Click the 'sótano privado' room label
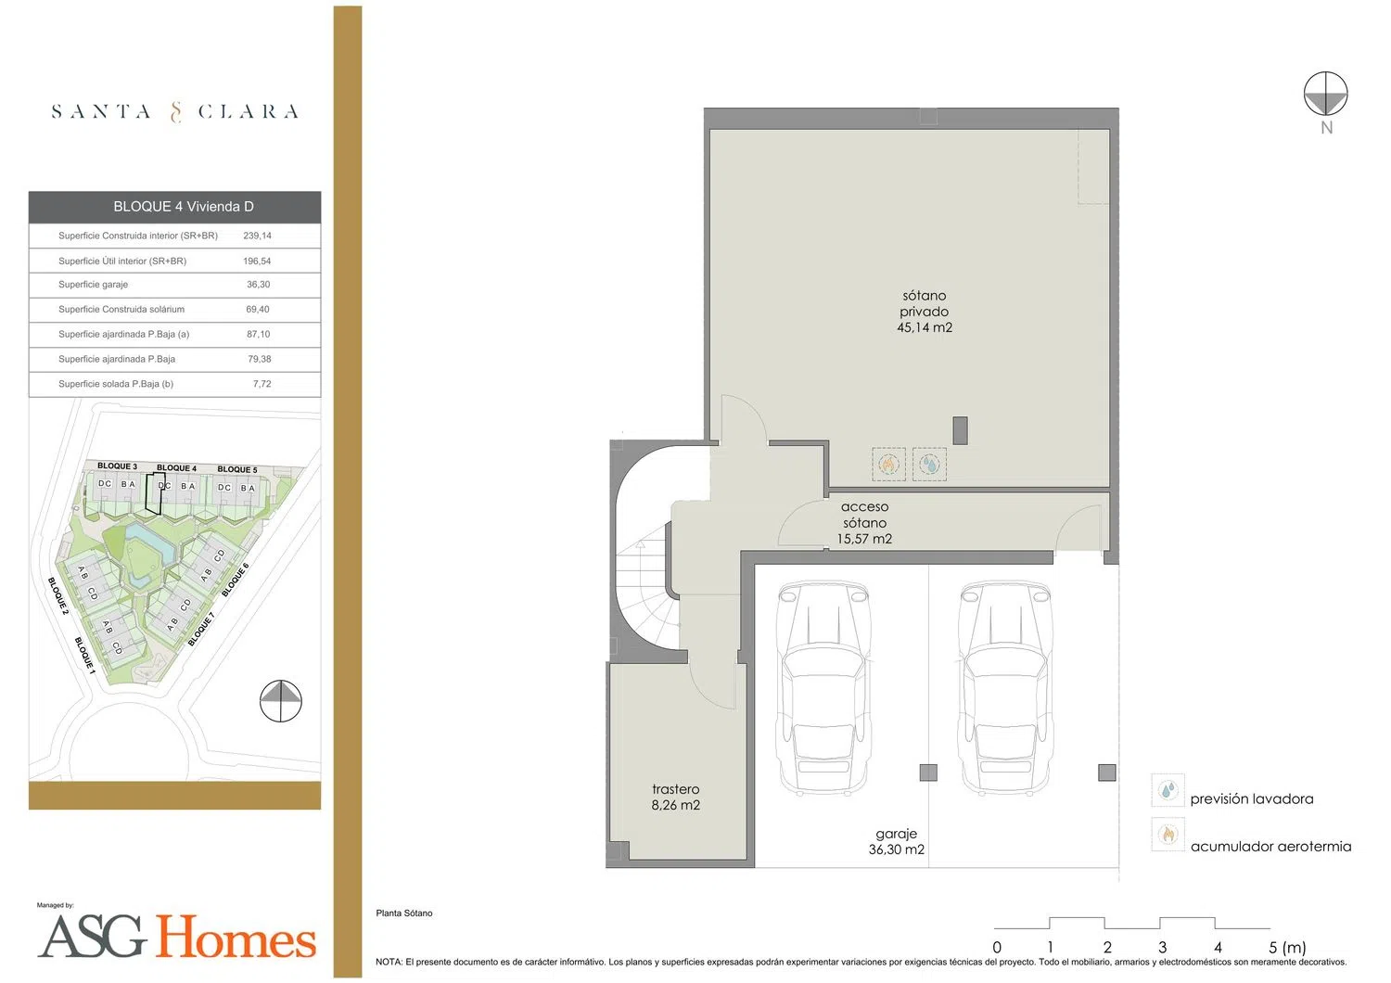click(x=924, y=303)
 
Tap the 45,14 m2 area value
click(x=925, y=328)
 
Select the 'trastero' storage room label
click(x=676, y=789)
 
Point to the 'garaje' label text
click(x=896, y=835)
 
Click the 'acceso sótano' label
click(x=864, y=515)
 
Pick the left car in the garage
click(x=823, y=687)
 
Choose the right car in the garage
click(x=1004, y=687)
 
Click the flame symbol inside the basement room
click(x=888, y=464)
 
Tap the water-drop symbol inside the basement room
click(x=929, y=464)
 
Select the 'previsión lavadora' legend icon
click(x=1168, y=790)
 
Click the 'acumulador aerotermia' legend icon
click(x=1168, y=834)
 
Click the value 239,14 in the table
click(x=257, y=236)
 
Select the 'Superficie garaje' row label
click(x=93, y=285)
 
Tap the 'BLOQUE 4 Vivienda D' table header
click(x=184, y=207)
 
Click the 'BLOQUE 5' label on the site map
click(x=237, y=469)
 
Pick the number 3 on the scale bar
click(x=1163, y=948)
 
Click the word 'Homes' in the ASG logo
click(x=236, y=936)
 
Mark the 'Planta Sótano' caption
click(x=404, y=913)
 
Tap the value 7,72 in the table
click(x=262, y=384)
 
